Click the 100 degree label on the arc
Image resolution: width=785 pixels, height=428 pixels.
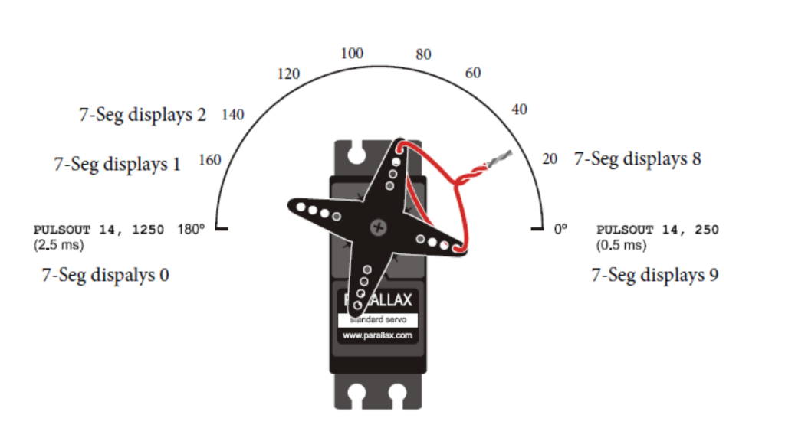pyautogui.click(x=352, y=53)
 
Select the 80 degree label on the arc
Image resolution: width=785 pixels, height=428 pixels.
pyautogui.click(x=423, y=54)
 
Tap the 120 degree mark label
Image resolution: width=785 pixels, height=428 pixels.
pyautogui.click(x=288, y=74)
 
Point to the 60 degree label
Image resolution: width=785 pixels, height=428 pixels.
pyautogui.click(x=473, y=73)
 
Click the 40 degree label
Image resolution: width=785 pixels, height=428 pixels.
pyautogui.click(x=519, y=109)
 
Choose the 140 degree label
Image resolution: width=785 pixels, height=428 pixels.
pyautogui.click(x=232, y=115)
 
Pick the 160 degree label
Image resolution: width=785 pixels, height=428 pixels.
pyautogui.click(x=209, y=160)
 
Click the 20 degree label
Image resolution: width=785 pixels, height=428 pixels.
pyautogui.click(x=549, y=158)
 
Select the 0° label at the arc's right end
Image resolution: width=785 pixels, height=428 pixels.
pyautogui.click(x=560, y=229)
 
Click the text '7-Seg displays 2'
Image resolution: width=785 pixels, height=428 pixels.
pyautogui.click(x=143, y=115)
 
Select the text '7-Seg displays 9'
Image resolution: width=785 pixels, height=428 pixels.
pyautogui.click(x=655, y=275)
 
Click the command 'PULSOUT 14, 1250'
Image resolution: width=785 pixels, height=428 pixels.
pyautogui.click(x=98, y=229)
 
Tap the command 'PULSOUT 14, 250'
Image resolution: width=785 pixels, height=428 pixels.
pyautogui.click(x=658, y=229)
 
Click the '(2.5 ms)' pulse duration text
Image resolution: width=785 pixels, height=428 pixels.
pyautogui.click(x=58, y=245)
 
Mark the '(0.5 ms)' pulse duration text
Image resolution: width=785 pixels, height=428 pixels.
pyautogui.click(x=621, y=245)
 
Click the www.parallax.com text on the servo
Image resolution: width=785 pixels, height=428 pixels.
pyautogui.click(x=376, y=335)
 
